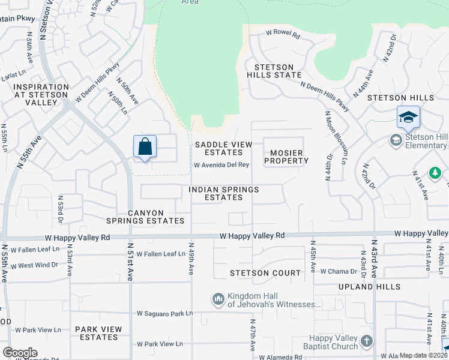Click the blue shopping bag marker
(145, 146)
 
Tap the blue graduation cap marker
(408, 116)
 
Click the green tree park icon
(436, 173)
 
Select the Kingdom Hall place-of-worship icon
(218, 298)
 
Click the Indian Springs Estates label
(223, 193)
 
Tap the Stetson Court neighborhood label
(265, 273)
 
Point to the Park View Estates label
(98, 333)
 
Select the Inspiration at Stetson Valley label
(34, 95)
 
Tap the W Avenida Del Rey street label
(221, 165)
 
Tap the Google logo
(19, 353)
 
